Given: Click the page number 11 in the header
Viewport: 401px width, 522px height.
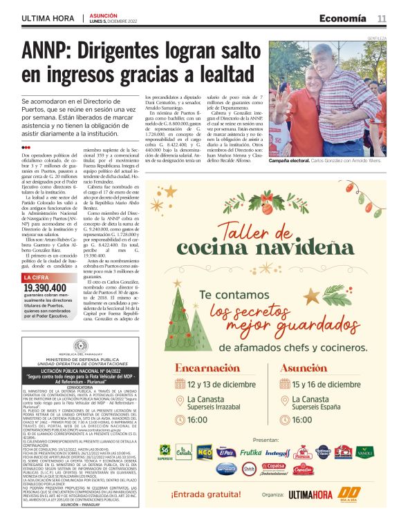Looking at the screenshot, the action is tap(382, 17).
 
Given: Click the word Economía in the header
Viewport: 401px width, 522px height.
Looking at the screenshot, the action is tap(343, 17).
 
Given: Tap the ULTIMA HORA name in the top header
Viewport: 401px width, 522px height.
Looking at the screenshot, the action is tap(48, 17).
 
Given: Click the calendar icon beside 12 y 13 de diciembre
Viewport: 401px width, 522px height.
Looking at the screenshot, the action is tap(179, 385).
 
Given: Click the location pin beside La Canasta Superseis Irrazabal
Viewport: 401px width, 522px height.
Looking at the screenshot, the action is tap(179, 401).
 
